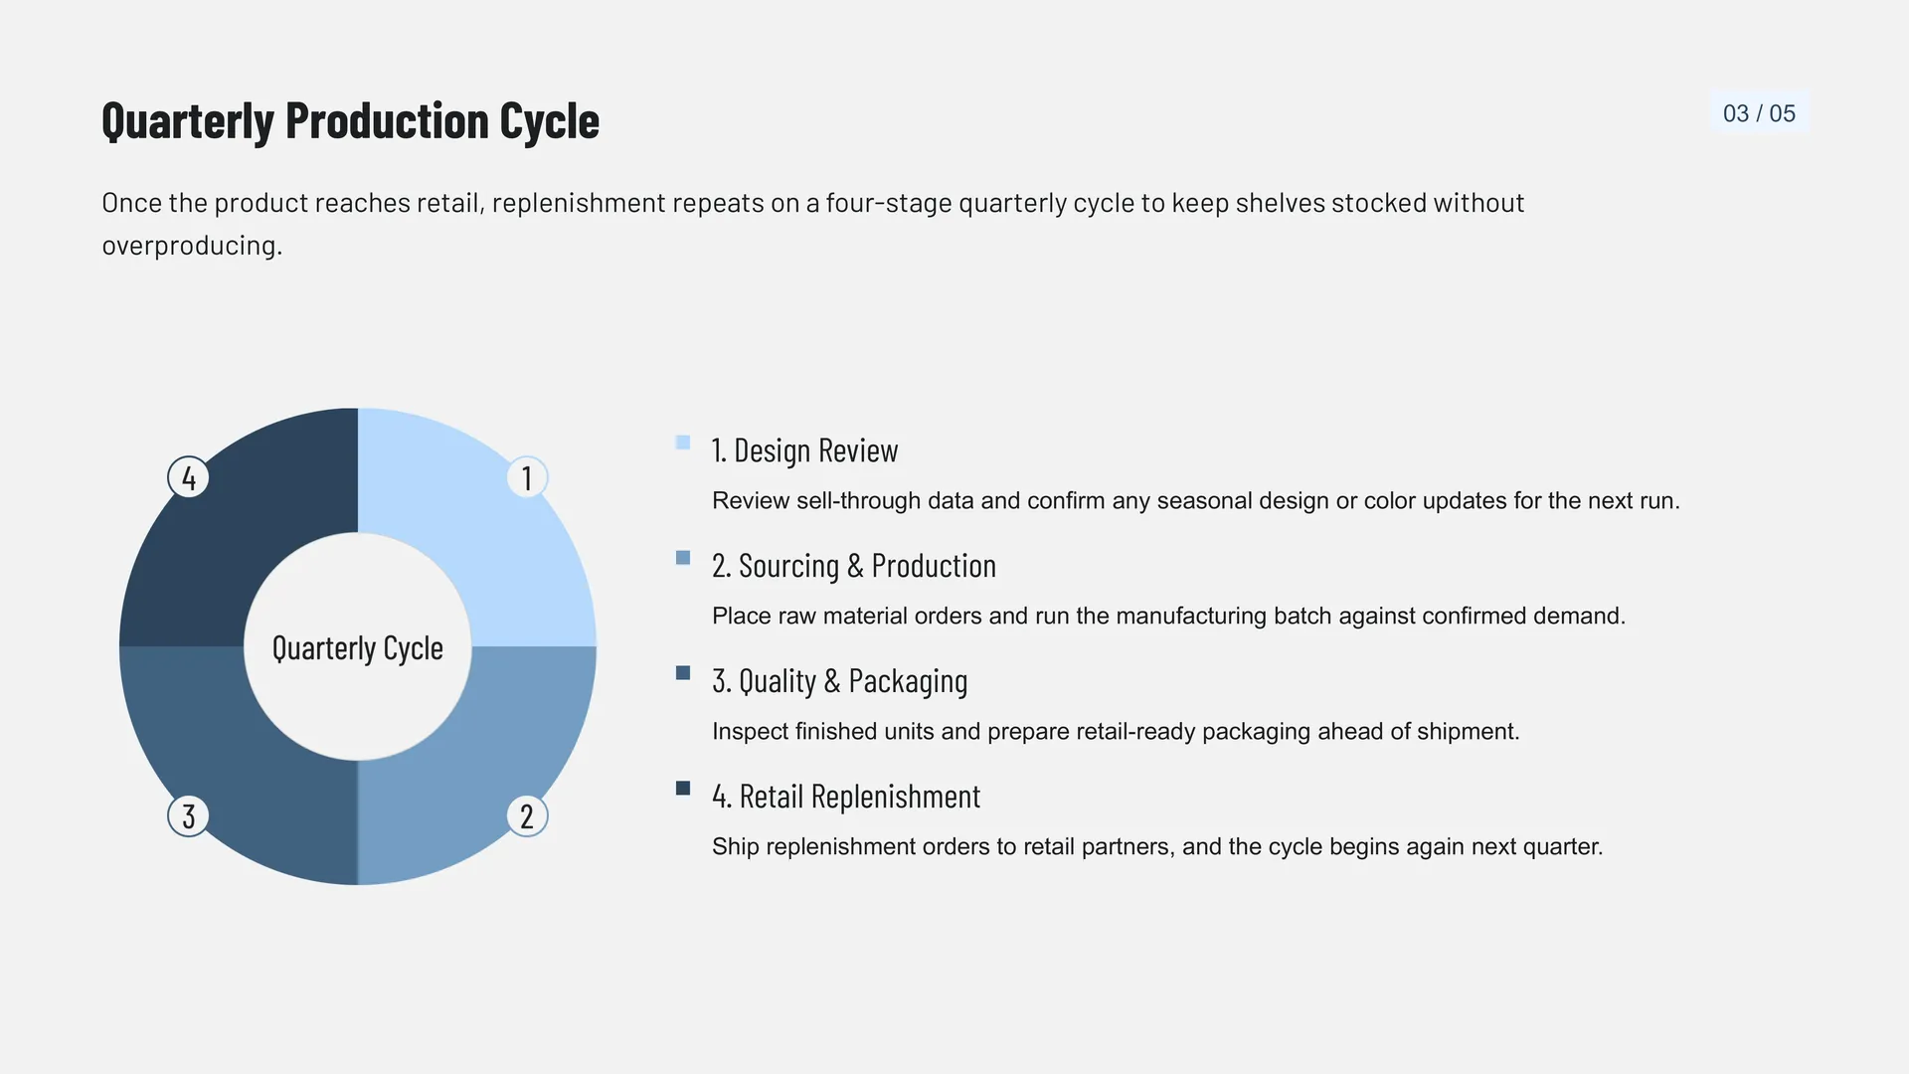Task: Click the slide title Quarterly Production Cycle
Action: (350, 121)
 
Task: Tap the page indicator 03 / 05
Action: (1759, 113)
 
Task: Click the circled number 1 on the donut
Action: (527, 477)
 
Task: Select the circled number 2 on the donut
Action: (527, 815)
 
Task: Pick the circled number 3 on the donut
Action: (188, 815)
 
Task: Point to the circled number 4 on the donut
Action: (188, 477)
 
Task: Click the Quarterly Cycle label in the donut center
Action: (358, 648)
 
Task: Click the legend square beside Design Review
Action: (683, 443)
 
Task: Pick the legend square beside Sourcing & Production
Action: (683, 558)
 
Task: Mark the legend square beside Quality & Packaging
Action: (683, 673)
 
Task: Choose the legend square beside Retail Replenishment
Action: (683, 789)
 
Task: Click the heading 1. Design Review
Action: (805, 450)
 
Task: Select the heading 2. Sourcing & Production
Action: (854, 566)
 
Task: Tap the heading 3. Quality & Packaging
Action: (840, 681)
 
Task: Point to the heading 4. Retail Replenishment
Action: (846, 797)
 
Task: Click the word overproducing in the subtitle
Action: (192, 246)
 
